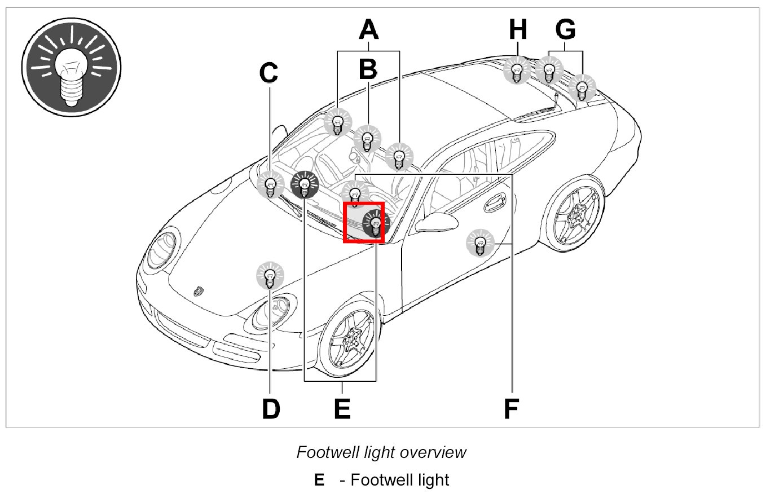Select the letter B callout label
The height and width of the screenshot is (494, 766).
tap(368, 69)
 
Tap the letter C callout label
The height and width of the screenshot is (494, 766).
tap(269, 72)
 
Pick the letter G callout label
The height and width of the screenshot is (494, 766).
tap(565, 29)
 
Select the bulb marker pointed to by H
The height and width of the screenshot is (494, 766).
tap(516, 71)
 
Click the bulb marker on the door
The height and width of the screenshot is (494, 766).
tap(479, 243)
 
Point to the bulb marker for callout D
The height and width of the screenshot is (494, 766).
tap(271, 276)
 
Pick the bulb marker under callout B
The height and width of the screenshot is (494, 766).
tap(368, 138)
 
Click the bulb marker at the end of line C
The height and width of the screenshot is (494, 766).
tap(271, 185)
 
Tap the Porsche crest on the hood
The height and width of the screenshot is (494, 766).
tap(197, 291)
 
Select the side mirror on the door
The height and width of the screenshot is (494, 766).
tap(438, 223)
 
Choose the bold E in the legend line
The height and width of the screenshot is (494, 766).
tap(319, 480)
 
